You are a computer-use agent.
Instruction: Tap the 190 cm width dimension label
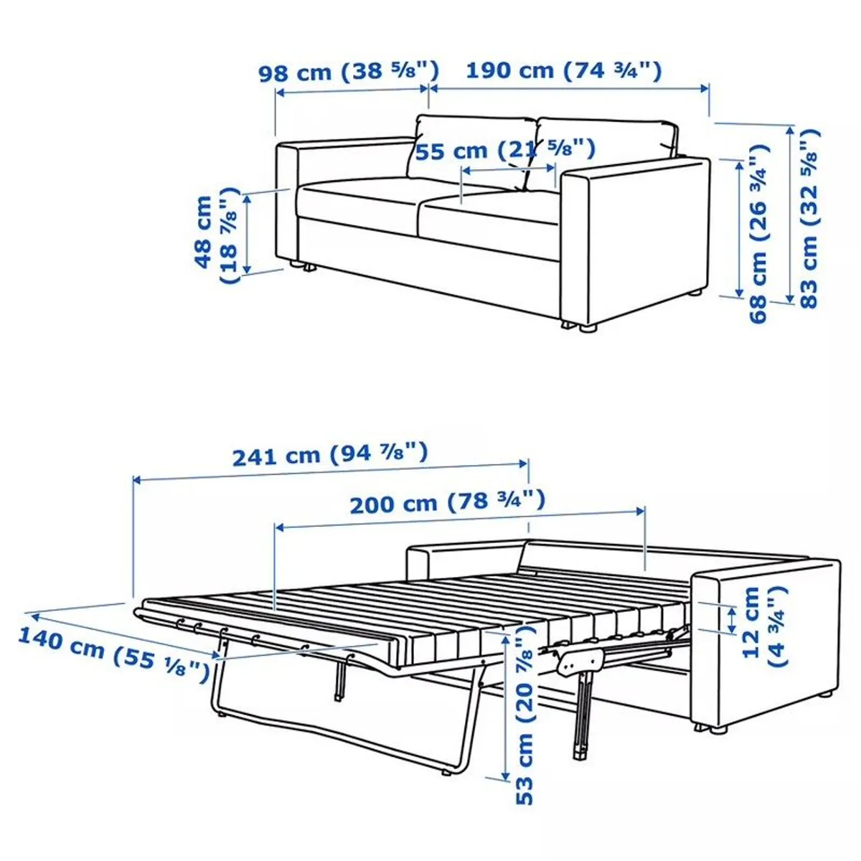pos(563,71)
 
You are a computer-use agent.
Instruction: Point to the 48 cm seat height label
pos(215,233)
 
